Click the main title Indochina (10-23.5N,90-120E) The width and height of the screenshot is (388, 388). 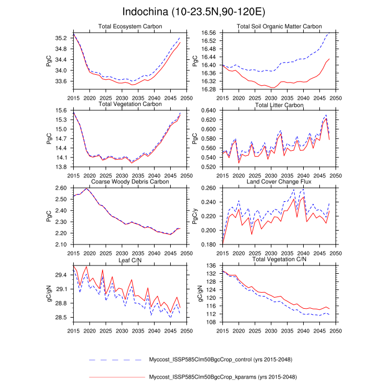point(193,12)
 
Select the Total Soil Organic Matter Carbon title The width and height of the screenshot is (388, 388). point(279,27)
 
